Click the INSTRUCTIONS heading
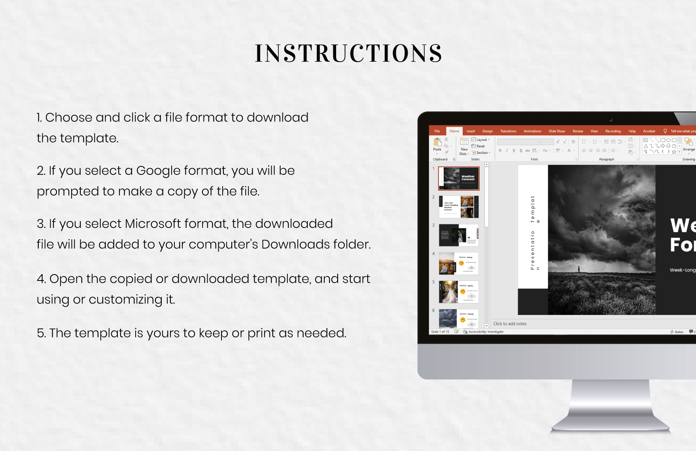[348, 53]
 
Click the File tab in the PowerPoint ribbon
[437, 131]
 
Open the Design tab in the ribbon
[487, 131]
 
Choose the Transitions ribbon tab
[508, 131]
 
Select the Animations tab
[532, 131]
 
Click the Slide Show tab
[556, 131]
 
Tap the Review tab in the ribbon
[578, 131]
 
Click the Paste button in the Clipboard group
[437, 144]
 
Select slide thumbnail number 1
[459, 178]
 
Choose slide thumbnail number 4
[459, 263]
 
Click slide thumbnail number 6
[459, 319]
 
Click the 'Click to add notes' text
[510, 324]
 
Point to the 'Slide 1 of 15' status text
[440, 332]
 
